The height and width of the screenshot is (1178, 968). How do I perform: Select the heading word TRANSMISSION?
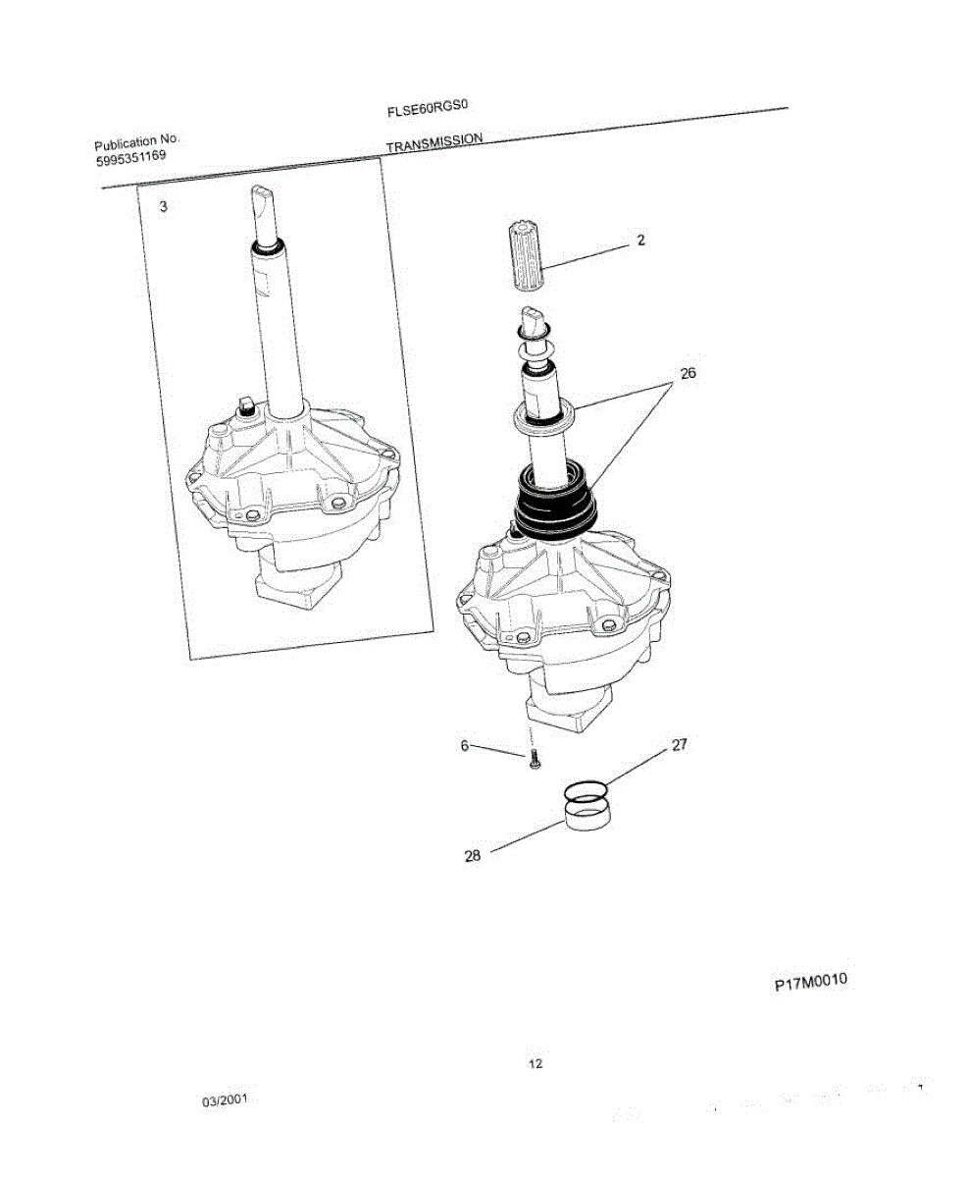point(434,143)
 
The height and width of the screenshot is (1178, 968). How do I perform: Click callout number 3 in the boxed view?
point(164,207)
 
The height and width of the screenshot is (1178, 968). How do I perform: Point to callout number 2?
point(640,241)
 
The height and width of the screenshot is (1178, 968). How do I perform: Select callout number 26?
point(688,374)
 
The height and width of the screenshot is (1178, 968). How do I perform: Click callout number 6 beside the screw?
point(465,745)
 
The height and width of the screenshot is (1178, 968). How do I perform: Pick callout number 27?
point(681,745)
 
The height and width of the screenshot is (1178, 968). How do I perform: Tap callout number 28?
point(473,855)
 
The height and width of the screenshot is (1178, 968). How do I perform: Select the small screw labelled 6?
point(535,759)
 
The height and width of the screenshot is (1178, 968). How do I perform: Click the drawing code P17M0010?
point(810,981)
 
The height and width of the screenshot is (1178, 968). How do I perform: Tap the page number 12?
point(535,1063)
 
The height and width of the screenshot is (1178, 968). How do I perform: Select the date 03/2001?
point(225,1100)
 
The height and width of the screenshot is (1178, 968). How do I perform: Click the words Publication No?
point(137,143)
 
